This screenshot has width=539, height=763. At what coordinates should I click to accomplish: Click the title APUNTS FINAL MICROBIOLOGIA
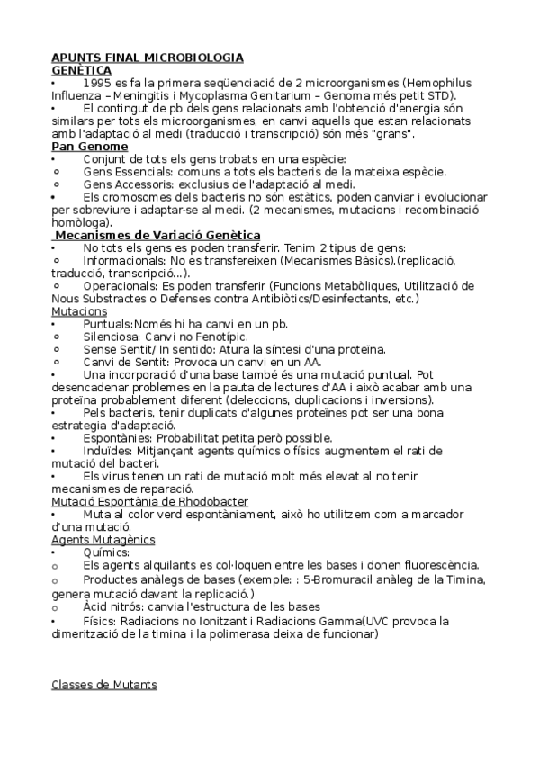point(147,58)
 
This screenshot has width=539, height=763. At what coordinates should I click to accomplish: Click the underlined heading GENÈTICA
point(81,69)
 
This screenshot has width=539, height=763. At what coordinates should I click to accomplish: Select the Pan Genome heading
point(89,146)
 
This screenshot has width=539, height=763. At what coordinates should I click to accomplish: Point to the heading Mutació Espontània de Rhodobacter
point(150,500)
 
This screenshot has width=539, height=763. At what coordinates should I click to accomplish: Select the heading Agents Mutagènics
point(103,539)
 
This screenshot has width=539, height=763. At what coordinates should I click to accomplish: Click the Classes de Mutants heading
point(103,685)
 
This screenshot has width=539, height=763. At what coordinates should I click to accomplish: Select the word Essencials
point(148,171)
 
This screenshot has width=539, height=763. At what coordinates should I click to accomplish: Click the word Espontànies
point(118,437)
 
